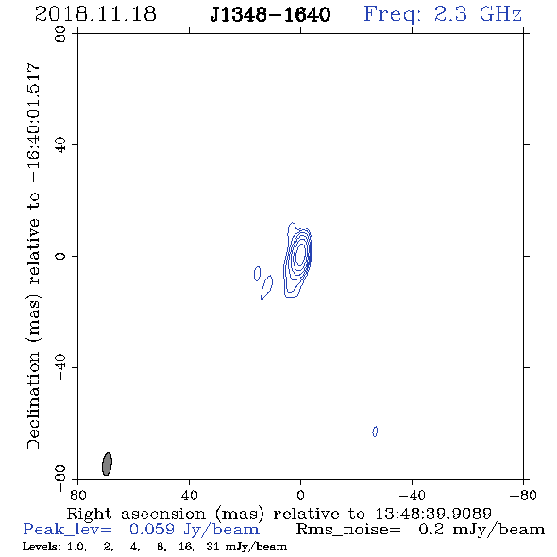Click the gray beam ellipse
click(x=107, y=464)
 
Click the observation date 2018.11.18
click(x=95, y=14)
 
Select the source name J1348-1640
click(x=270, y=14)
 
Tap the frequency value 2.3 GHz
click(x=478, y=14)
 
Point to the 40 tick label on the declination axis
click(x=60, y=145)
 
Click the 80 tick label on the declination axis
click(x=60, y=34)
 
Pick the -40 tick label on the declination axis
click(x=60, y=367)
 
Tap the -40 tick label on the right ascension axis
click(x=412, y=495)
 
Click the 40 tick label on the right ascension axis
click(x=189, y=495)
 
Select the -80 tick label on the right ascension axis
click(x=523, y=495)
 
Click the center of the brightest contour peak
click(x=301, y=253)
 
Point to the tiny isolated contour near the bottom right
click(x=375, y=431)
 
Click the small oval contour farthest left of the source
click(x=257, y=274)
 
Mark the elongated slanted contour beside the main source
click(x=266, y=288)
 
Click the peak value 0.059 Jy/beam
click(x=194, y=530)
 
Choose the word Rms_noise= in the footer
click(x=348, y=530)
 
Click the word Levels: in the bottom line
click(x=42, y=547)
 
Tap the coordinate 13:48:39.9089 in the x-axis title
click(x=433, y=514)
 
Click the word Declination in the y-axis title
click(x=33, y=400)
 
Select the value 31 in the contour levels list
click(x=212, y=547)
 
